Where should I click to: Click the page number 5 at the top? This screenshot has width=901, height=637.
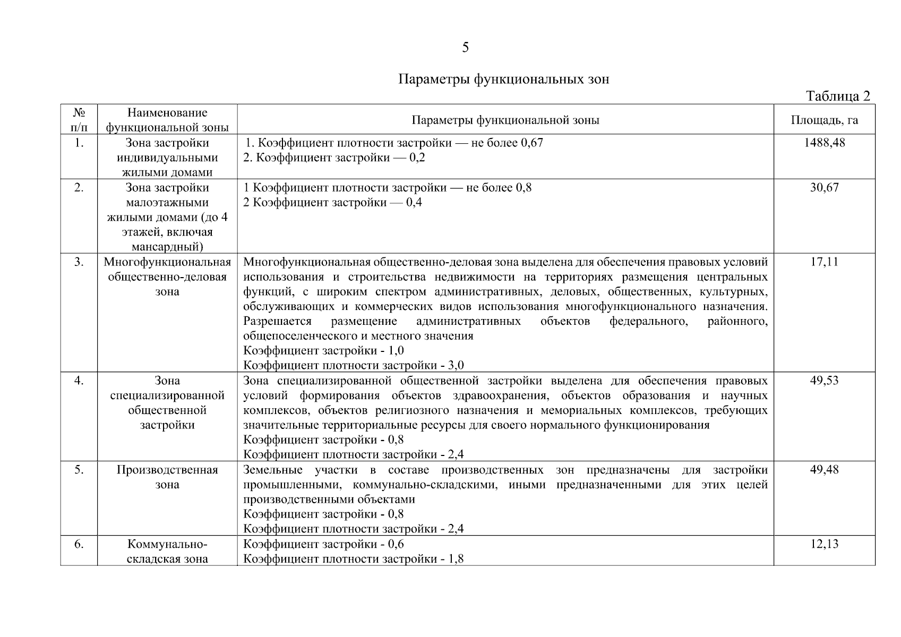pos(465,48)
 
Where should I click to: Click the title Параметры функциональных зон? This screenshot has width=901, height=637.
pos(503,79)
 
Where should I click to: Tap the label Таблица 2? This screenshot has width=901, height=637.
pos(838,96)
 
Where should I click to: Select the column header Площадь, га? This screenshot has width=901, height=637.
pos(824,120)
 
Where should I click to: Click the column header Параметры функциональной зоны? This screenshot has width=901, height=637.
pos(505,120)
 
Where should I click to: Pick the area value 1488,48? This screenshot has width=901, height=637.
pos(824,143)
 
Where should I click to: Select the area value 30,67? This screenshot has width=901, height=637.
pos(824,187)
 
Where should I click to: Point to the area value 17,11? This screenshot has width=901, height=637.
pos(824,262)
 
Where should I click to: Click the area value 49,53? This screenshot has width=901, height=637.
pos(824,381)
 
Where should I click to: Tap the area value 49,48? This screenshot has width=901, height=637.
pos(824,470)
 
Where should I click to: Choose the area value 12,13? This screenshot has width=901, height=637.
pos(824,544)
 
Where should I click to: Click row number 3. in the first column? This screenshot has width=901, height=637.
pos(79,262)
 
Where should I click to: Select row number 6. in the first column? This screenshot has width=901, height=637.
pos(79,544)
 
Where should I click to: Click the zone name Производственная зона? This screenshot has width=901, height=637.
pos(167,477)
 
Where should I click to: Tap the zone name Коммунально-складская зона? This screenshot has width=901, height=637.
pos(167,552)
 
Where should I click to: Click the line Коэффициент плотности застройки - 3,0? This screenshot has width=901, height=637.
pos(353,365)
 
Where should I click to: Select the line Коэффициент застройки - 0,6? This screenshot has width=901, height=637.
pos(323,544)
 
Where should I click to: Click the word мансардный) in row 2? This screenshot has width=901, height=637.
pos(167,247)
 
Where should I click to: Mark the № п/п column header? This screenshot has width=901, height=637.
pos(79,120)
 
